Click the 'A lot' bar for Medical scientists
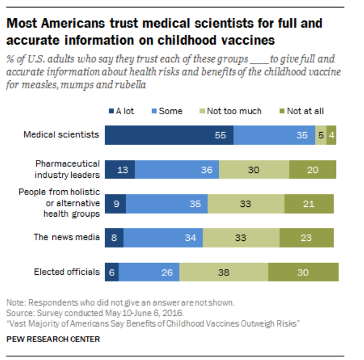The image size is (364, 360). [x=169, y=135]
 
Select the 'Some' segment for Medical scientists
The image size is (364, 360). [x=274, y=135]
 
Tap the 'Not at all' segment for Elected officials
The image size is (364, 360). [x=303, y=272]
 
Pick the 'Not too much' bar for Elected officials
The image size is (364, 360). [x=224, y=272]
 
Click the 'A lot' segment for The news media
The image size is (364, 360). [x=114, y=238]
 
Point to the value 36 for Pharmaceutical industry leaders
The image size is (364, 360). [x=207, y=169]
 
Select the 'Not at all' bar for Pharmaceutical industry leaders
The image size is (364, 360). [x=312, y=169]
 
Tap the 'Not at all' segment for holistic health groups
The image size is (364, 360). [x=309, y=204]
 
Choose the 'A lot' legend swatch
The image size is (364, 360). [x=111, y=111]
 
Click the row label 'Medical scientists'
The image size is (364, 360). [x=61, y=135]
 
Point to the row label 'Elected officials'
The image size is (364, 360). [x=67, y=272]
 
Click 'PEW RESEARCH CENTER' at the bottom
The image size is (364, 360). [x=53, y=339]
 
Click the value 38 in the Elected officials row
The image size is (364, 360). [x=224, y=273]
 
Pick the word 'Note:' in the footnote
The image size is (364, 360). [x=16, y=302]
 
